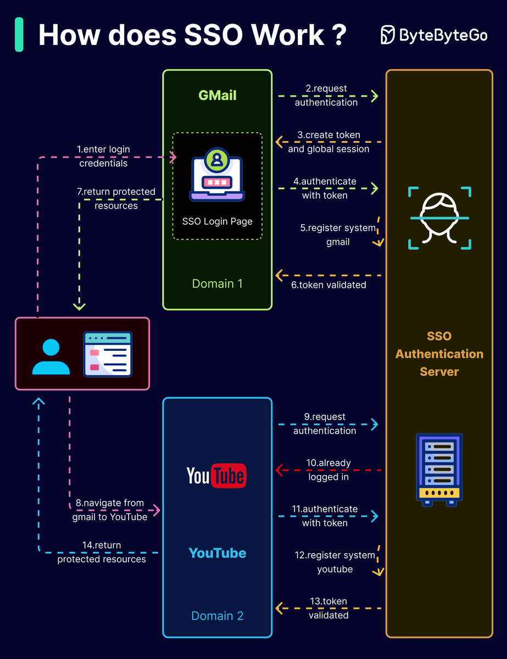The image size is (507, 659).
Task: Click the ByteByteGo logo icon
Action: coord(388,35)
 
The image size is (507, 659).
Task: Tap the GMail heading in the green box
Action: coord(218,95)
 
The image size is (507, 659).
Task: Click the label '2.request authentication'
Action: coord(326,96)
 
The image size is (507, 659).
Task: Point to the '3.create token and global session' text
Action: coord(328,142)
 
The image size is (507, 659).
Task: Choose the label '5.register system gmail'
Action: coord(338,234)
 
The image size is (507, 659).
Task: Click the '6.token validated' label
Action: coord(328,284)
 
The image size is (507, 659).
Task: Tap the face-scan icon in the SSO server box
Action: coord(439,218)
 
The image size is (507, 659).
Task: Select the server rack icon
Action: coord(439,470)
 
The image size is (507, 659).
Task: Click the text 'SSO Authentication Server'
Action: coord(439,354)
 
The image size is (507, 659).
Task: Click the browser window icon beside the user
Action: coord(108,354)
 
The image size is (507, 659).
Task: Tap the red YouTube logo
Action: coord(216,476)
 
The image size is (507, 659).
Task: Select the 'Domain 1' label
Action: coord(217,284)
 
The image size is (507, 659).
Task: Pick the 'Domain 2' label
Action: coord(217,616)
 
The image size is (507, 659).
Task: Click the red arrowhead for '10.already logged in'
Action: coord(278,470)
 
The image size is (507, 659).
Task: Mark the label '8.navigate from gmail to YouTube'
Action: coord(110,510)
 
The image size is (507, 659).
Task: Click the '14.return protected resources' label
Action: coord(102,552)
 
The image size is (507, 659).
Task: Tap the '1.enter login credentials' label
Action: coord(103,156)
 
